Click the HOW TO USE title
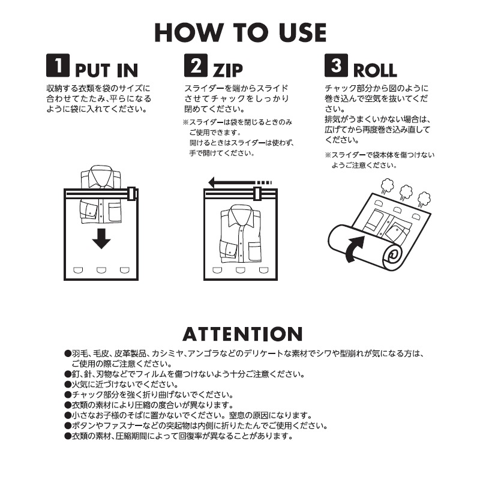pyautogui.click(x=241, y=32)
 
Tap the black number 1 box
pyautogui.click(x=58, y=65)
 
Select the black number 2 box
pyautogui.click(x=196, y=65)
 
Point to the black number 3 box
pyautogui.click(x=336, y=65)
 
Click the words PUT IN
pyautogui.click(x=107, y=70)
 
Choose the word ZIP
pyautogui.click(x=228, y=70)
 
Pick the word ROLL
pyautogui.click(x=376, y=70)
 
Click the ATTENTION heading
pyautogui.click(x=243, y=334)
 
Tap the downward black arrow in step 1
pyautogui.click(x=101, y=238)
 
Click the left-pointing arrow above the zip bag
pyautogui.click(x=240, y=183)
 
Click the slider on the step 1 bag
pyautogui.click(x=131, y=193)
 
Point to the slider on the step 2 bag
pyautogui.click(x=257, y=193)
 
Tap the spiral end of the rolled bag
pyautogui.click(x=393, y=256)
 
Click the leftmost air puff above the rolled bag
pyautogui.click(x=387, y=186)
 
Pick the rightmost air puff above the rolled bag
pyautogui.click(x=424, y=199)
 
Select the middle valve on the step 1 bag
pyautogui.click(x=101, y=270)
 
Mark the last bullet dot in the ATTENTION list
pyautogui.click(x=68, y=436)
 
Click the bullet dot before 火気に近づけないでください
pyautogui.click(x=68, y=385)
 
